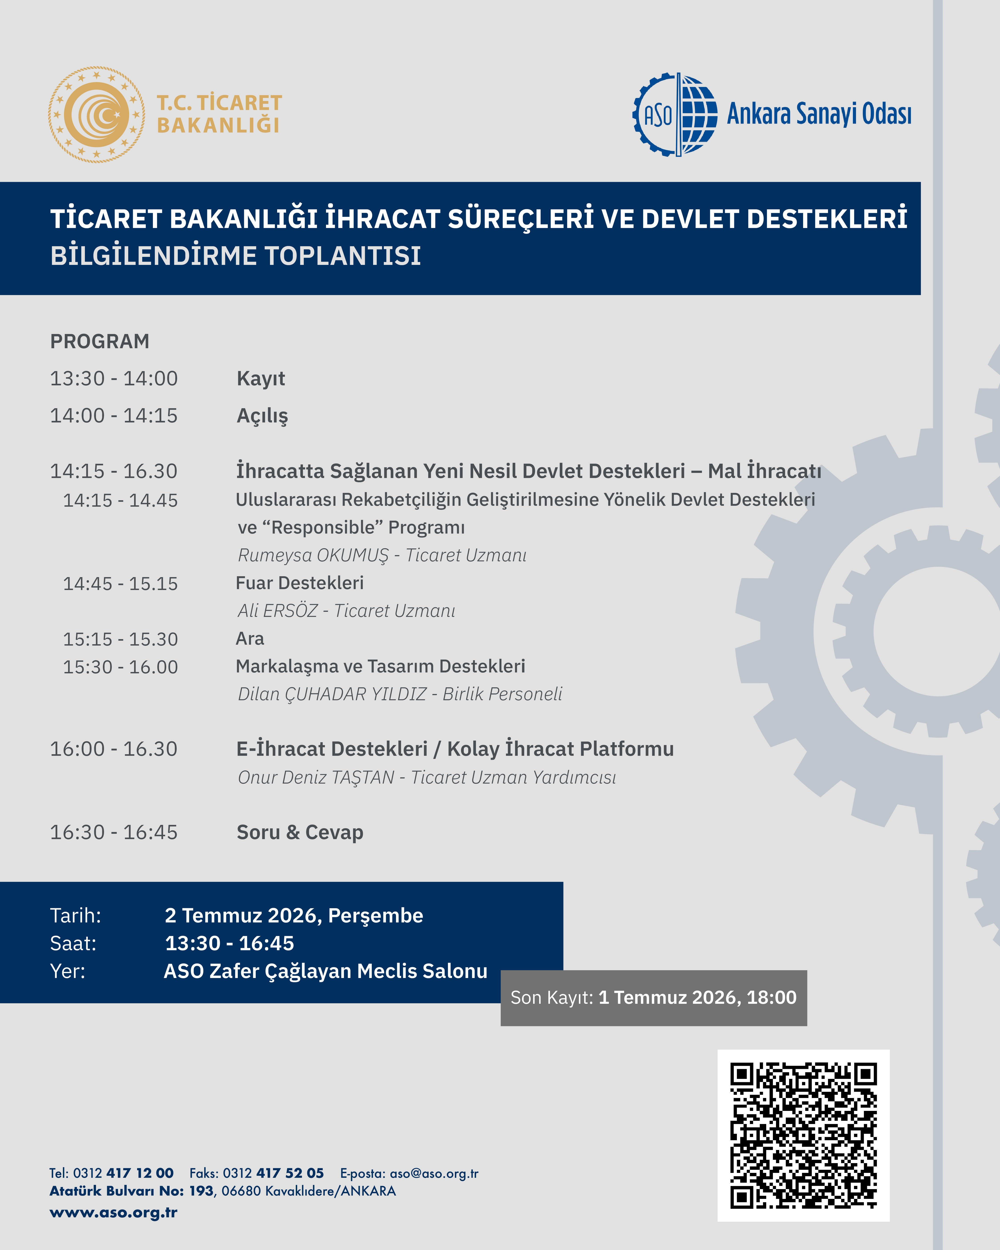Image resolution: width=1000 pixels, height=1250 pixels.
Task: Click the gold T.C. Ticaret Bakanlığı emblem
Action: [x=96, y=114]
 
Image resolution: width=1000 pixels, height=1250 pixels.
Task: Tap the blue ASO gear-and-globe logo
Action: [x=675, y=114]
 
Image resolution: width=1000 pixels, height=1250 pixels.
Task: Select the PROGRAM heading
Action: [x=100, y=342]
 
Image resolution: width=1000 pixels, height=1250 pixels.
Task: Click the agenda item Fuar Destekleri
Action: [x=300, y=583]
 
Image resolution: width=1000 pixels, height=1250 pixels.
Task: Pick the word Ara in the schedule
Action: [x=250, y=638]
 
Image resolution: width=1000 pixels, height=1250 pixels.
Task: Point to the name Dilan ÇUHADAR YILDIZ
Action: [x=332, y=694]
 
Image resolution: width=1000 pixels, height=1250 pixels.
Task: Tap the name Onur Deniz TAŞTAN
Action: [x=316, y=778]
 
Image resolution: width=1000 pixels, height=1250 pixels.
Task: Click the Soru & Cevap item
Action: [x=300, y=833]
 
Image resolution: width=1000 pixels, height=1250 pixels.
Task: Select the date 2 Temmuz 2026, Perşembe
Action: [x=294, y=916]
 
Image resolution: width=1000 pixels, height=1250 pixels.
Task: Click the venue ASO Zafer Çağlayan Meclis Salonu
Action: [x=325, y=971]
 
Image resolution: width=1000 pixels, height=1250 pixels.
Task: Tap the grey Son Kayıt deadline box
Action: [x=653, y=998]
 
